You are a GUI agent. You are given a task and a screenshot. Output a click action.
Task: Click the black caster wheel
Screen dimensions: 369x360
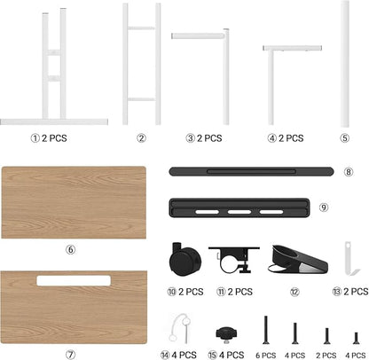click(x=185, y=260)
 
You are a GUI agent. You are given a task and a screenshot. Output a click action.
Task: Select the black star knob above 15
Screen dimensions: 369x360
click(x=226, y=334)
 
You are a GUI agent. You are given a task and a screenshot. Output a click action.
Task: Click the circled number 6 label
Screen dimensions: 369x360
click(x=70, y=250)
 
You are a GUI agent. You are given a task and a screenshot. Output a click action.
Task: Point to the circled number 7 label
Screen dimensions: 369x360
click(x=70, y=355)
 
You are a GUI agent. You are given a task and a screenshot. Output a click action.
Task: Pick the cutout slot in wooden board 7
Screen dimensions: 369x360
click(x=74, y=281)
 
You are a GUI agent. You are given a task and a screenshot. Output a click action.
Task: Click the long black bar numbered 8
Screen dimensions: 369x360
click(x=251, y=171)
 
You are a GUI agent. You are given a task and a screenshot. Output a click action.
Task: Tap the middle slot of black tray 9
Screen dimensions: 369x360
click(x=239, y=212)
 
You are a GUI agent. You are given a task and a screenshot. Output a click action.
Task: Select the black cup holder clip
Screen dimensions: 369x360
click(x=297, y=259)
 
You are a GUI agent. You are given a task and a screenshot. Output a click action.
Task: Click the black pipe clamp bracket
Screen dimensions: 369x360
click(x=234, y=260)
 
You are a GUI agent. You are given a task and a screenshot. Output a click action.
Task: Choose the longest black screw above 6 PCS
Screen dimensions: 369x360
click(x=266, y=330)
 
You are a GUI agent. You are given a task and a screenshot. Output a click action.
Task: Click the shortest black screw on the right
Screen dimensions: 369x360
click(x=356, y=338)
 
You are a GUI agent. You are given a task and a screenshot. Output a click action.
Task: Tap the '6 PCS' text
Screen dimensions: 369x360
click(x=266, y=355)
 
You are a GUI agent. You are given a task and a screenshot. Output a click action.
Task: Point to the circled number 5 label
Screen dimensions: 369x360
click(x=345, y=138)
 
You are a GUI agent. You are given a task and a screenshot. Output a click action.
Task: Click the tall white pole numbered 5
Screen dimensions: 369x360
click(x=345, y=64)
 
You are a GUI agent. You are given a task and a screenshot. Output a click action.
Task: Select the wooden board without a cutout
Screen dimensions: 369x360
click(x=74, y=202)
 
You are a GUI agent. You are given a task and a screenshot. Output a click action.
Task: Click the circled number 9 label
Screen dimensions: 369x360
click(x=324, y=207)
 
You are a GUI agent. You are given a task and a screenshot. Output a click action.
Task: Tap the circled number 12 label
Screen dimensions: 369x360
click(x=294, y=292)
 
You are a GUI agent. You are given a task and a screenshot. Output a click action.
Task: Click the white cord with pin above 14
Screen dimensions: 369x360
click(x=179, y=328)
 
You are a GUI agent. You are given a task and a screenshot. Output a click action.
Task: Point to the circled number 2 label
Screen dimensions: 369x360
click(x=141, y=138)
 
